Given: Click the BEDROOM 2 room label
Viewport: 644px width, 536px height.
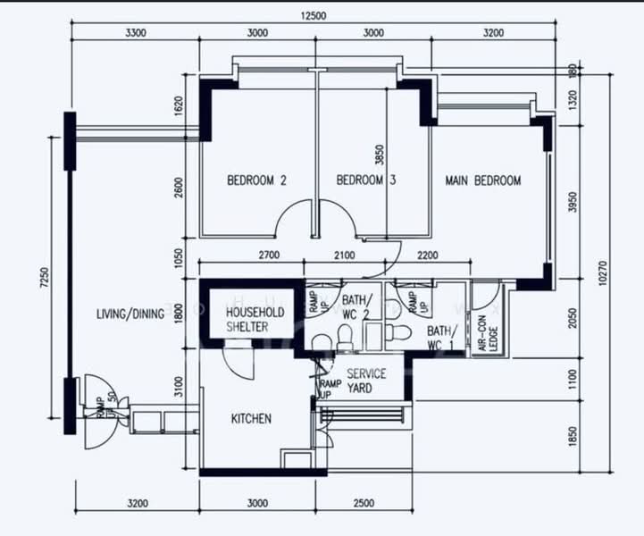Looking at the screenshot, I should [x=256, y=180].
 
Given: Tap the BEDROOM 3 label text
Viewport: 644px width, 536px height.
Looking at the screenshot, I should [x=365, y=180].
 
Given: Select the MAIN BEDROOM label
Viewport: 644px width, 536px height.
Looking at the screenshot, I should [x=482, y=180].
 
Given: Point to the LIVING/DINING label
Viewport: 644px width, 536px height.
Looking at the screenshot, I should [x=130, y=314].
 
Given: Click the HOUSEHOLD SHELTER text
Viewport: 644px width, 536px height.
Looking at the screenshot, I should [x=255, y=319].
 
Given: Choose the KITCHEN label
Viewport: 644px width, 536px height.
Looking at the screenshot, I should [x=251, y=418].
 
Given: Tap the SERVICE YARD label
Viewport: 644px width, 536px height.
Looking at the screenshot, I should [x=366, y=381].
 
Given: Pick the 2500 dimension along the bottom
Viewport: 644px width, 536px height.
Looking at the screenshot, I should [x=364, y=504].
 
